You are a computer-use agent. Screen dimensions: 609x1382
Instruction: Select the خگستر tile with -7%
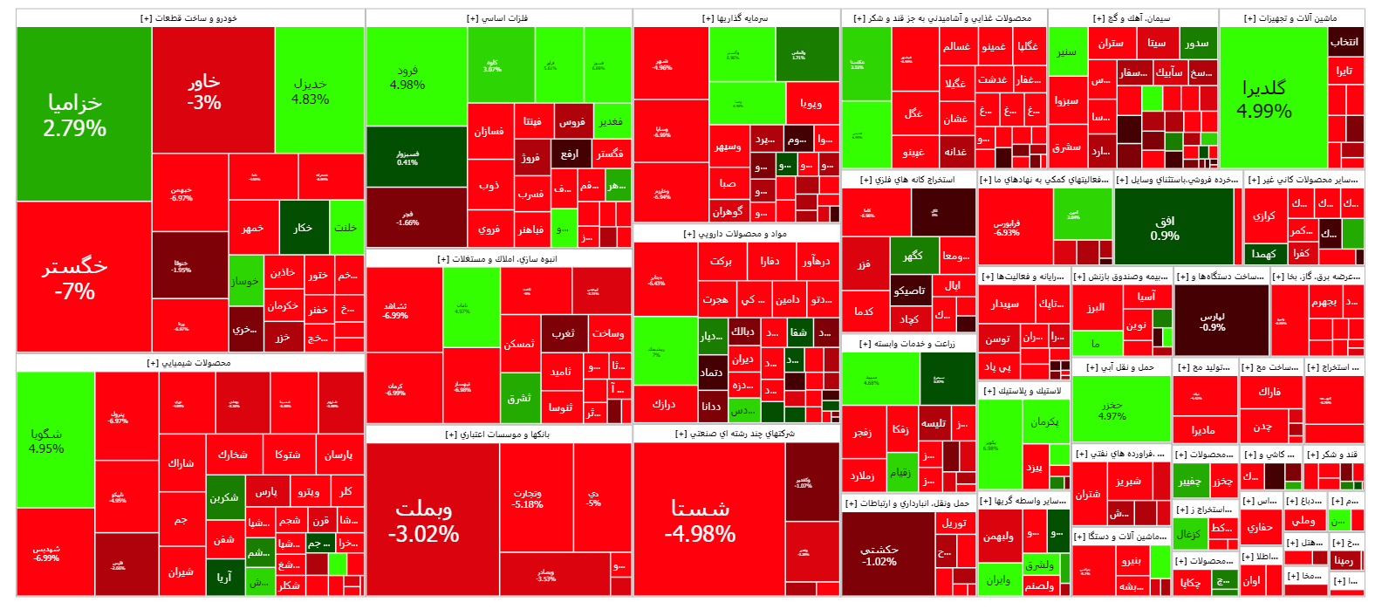(x=75, y=277)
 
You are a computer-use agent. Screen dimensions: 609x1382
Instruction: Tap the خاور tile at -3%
(x=204, y=91)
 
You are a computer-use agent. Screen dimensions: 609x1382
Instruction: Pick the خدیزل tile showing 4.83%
(x=311, y=91)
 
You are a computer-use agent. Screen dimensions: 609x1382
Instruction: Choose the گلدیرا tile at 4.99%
(x=1264, y=98)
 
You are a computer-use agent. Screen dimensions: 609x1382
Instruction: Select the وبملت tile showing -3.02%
(x=424, y=520)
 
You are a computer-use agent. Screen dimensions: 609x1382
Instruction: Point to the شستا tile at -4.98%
(x=701, y=520)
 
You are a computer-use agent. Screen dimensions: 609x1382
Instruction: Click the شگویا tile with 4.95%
(x=46, y=441)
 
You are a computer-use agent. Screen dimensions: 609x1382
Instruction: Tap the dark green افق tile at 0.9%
(x=1165, y=228)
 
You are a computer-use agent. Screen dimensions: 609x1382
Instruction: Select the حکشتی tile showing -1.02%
(x=879, y=555)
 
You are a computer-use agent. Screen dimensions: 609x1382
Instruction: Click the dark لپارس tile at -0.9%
(x=1213, y=321)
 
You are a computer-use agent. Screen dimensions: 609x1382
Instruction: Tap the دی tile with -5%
(x=593, y=498)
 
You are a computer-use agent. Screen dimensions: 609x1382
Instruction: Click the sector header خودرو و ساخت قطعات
(x=189, y=18)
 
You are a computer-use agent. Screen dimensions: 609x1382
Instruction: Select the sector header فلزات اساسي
(x=497, y=18)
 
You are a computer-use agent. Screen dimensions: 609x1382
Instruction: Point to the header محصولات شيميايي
(x=189, y=363)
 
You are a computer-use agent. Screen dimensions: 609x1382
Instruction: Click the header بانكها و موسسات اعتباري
(x=497, y=434)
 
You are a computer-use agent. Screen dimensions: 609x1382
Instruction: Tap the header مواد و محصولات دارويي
(x=735, y=234)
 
